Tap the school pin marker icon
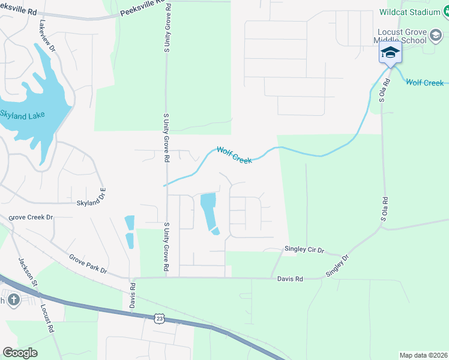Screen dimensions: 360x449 390,53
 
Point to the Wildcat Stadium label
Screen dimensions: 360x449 411,11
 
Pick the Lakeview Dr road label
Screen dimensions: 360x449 47,36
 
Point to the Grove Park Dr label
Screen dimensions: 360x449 88,263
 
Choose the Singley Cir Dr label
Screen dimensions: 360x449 304,250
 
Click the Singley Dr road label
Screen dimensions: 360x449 337,265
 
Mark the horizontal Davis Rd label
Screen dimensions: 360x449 290,278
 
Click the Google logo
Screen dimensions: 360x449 20,353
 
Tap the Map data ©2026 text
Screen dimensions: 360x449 423,355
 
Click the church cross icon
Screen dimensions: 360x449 13,299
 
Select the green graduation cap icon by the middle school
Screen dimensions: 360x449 435,36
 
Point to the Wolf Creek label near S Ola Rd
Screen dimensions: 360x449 424,82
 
